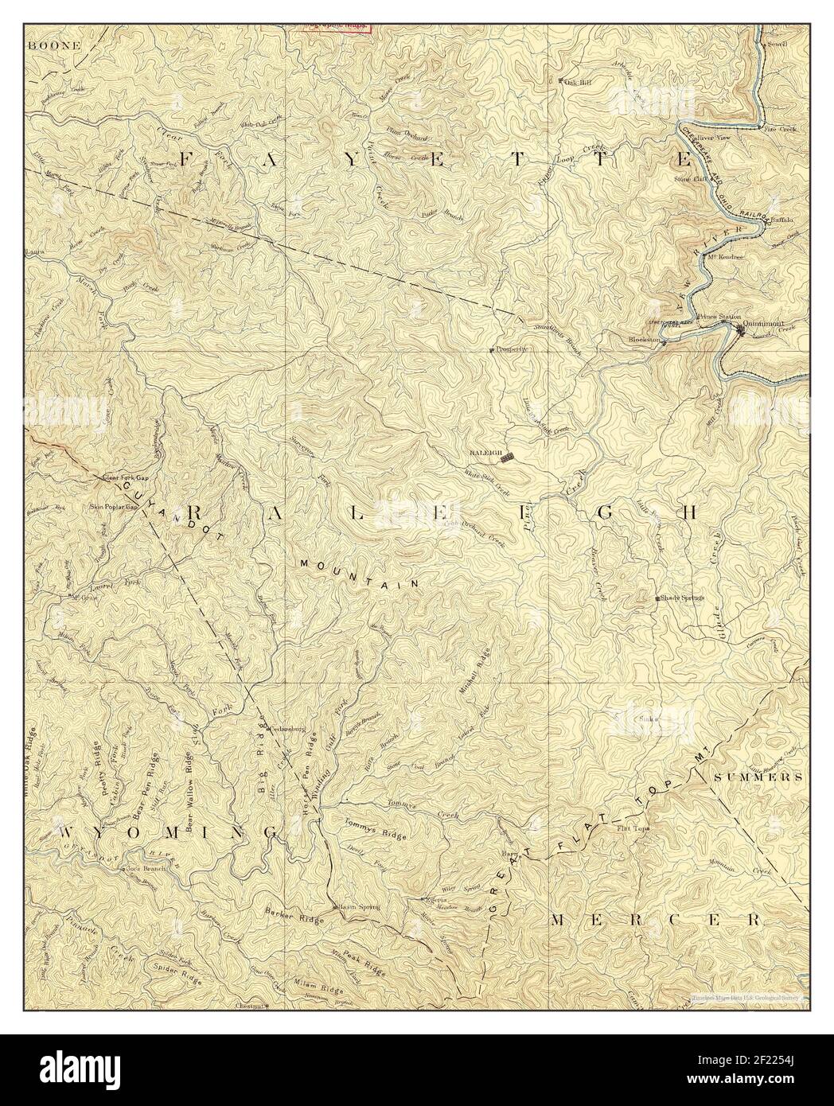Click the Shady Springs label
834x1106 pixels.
[680, 599]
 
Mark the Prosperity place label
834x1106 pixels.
[512, 349]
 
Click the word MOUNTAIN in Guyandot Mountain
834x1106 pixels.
[360, 572]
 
